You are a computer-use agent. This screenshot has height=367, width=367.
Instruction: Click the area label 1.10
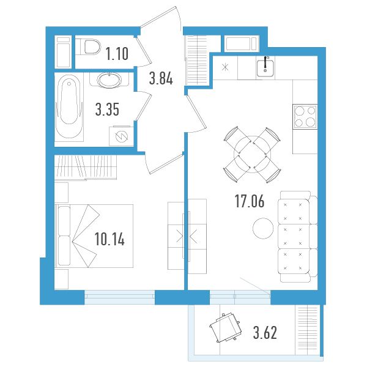[x=117, y=54]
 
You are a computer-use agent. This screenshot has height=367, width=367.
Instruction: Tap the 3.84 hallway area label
[x=161, y=78]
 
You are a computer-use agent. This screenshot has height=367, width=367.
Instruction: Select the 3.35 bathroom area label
[x=107, y=109]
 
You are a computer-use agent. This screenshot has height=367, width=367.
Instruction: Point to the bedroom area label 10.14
[x=109, y=239]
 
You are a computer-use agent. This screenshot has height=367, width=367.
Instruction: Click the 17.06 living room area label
[x=250, y=201]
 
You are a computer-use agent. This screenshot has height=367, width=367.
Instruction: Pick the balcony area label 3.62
[x=265, y=333]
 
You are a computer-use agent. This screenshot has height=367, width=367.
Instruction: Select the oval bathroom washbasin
[x=109, y=80]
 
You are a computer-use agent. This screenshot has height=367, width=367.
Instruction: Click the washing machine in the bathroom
[x=121, y=136]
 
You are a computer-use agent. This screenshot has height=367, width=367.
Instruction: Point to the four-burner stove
[x=305, y=117]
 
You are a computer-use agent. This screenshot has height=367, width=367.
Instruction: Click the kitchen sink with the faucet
[x=265, y=68]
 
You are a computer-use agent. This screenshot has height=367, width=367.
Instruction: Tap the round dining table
[x=252, y=154]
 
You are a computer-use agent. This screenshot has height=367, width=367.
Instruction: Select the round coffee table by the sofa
[x=263, y=228]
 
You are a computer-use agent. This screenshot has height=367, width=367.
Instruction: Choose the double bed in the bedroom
[x=94, y=236]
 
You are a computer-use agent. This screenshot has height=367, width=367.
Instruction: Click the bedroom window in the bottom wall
[x=119, y=297]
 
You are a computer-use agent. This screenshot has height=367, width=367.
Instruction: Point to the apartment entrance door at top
[x=161, y=18]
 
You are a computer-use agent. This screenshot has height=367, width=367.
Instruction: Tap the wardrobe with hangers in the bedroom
[x=86, y=168]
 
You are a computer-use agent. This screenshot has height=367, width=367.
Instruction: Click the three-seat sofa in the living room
[x=298, y=236]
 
